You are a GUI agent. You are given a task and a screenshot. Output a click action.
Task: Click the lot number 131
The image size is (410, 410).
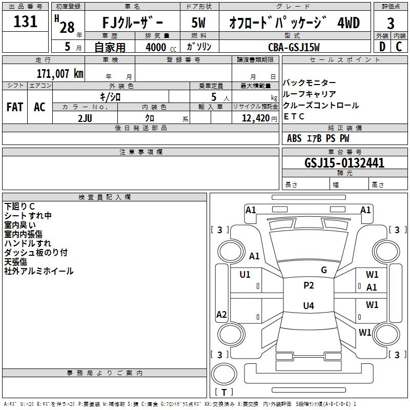(x=26, y=22)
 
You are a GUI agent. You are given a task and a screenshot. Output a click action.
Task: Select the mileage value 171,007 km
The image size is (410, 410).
(x=59, y=73)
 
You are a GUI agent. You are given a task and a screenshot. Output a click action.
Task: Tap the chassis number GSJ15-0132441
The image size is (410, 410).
(x=344, y=163)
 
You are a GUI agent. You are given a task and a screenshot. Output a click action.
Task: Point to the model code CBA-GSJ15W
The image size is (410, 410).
(x=294, y=47)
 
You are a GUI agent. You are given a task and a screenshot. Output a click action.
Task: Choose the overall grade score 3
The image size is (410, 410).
(x=391, y=23)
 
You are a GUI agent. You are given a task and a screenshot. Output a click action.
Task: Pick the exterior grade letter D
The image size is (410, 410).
(x=382, y=47)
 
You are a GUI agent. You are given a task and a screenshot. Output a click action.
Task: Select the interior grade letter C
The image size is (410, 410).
(x=399, y=47)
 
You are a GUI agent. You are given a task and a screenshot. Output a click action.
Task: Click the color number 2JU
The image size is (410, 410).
(x=85, y=117)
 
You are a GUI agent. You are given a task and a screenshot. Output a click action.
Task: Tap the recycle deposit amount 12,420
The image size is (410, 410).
(x=254, y=118)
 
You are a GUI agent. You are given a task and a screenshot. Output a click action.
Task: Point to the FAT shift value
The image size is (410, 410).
(x=14, y=107)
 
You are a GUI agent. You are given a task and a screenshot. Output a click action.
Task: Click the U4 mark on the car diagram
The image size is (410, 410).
(x=308, y=306)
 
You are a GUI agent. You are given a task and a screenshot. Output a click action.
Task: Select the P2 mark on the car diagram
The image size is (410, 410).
(x=309, y=285)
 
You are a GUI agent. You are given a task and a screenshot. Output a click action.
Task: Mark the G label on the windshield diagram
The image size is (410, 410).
(x=324, y=270)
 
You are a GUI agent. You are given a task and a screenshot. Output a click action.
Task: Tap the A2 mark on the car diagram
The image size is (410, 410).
(x=221, y=315)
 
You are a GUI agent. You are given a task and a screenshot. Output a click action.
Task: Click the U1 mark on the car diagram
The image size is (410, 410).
(x=245, y=275)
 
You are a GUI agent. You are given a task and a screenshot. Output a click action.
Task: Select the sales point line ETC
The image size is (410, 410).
(x=294, y=116)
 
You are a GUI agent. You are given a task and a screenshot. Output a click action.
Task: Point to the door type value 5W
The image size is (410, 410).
(x=199, y=23)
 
